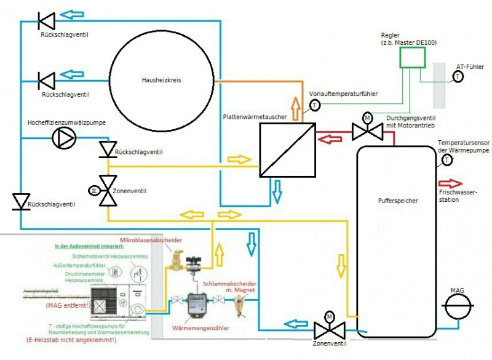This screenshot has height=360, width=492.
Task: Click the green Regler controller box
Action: (x=411, y=58)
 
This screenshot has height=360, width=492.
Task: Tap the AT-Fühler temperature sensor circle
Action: (x=458, y=76)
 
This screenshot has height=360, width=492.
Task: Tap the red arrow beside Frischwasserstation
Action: (x=451, y=183)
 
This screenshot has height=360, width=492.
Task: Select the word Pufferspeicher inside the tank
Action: (x=398, y=201)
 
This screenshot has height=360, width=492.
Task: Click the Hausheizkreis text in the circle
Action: (x=162, y=79)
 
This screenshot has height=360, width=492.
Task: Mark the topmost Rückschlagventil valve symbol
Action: (x=47, y=21)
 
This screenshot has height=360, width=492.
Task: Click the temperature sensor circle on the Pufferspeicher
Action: (x=447, y=161)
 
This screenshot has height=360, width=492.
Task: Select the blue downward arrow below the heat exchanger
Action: (x=277, y=191)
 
